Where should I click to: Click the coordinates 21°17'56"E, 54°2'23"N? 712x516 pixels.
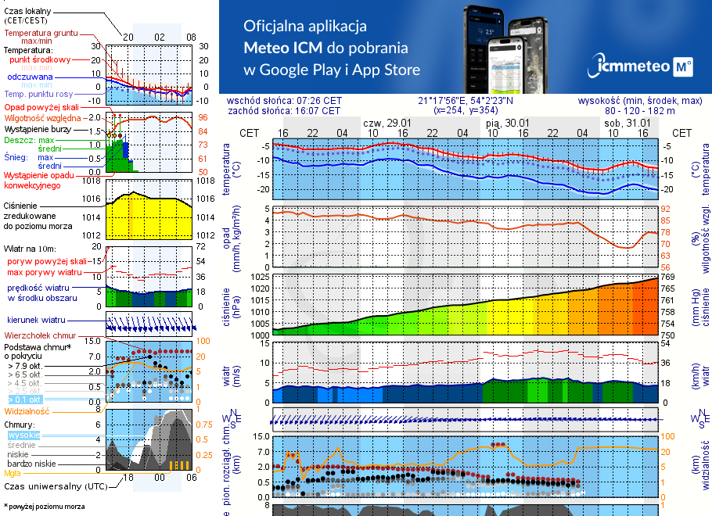coord(466,101)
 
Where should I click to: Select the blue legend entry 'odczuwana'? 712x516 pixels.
coord(30,77)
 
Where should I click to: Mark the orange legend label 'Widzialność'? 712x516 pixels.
coord(27,410)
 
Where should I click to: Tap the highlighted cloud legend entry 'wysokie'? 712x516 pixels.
coord(23,435)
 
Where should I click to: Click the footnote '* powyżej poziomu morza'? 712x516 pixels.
coord(44,507)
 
